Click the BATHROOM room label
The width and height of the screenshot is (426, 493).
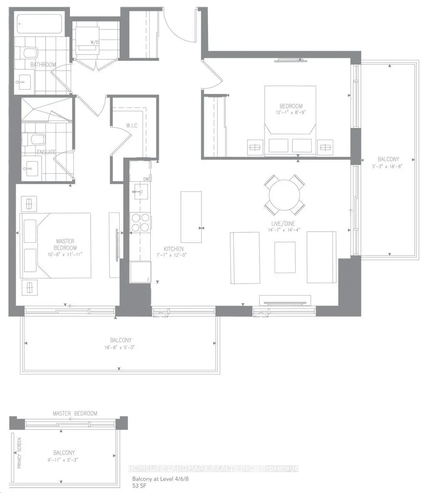43,64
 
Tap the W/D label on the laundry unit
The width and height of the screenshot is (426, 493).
94,42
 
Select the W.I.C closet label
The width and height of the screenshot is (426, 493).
132,126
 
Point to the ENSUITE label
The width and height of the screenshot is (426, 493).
47,152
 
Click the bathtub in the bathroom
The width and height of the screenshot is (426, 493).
40,24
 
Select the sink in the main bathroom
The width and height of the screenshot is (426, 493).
23,83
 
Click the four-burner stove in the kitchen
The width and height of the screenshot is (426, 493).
140,223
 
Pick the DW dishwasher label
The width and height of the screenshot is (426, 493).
146,179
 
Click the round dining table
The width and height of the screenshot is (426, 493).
284,195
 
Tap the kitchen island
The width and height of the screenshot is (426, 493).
191,217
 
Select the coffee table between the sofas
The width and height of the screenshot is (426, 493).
285,257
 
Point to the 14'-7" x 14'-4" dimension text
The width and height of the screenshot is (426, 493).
283,230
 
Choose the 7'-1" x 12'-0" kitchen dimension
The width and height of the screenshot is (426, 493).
171,255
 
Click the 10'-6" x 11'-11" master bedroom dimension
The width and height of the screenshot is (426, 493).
65,254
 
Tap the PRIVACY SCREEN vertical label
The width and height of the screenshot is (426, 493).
20,453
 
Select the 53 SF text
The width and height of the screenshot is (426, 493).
139,486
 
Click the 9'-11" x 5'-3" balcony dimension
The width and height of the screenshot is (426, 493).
64,460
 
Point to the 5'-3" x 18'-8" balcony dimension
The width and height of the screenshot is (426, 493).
388,166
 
